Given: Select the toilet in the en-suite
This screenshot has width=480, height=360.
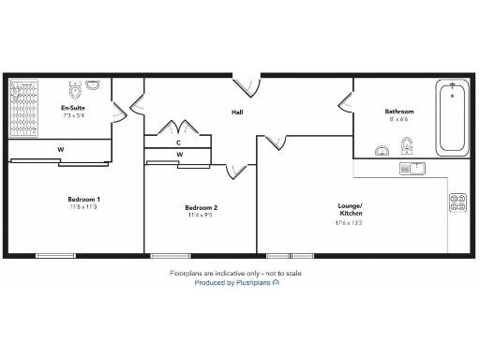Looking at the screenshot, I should point(92,85).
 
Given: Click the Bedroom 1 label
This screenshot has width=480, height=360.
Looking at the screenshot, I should point(83,199).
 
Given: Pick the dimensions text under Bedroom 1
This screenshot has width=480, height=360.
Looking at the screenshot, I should point(83,207).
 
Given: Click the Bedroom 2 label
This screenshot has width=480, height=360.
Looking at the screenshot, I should point(201,207).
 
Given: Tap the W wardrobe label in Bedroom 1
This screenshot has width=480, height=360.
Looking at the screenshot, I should point(60,149).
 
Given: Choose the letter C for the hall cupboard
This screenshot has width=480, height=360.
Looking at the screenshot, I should point(178,142).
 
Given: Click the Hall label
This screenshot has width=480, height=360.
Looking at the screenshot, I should point(238,113).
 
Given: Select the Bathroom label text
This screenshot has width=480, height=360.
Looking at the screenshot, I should point(399,112).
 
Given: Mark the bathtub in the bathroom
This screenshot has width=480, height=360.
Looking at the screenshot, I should point(453,117).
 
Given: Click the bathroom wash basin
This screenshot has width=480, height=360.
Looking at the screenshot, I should point(382,150).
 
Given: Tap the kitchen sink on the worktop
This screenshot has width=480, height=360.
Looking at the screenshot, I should point(412,169).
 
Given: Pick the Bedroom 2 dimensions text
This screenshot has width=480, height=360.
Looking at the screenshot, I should point(201,216).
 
